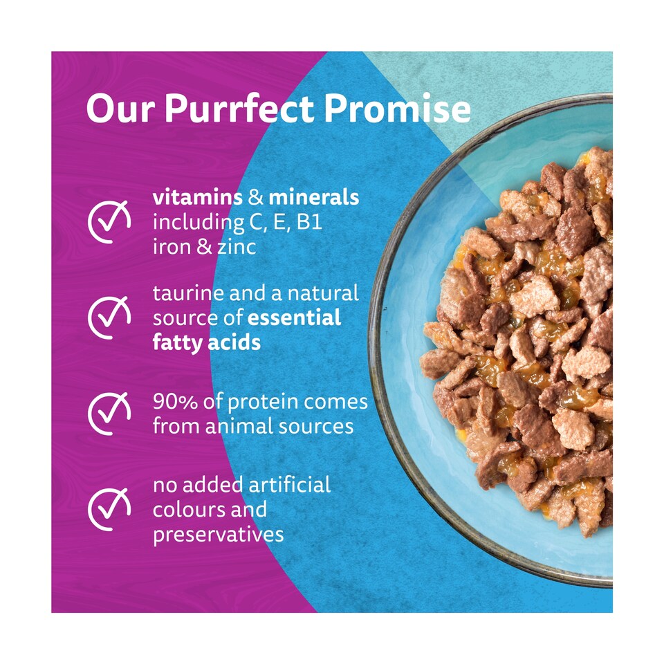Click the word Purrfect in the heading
[239, 109]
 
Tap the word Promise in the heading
[397, 109]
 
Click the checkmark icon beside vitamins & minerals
[109, 221]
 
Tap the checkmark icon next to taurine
[109, 317]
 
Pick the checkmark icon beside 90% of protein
[109, 414]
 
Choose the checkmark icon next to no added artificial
[109, 509]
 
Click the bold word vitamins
[198, 197]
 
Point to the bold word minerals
[314, 197]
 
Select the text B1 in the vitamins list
[310, 222]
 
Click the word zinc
[237, 247]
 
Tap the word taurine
[188, 293]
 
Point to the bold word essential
[295, 317]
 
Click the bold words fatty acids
[207, 342]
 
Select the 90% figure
[175, 402]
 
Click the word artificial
[290, 485]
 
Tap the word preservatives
[218, 535]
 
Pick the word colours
[185, 510]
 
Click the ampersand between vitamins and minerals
[256, 198]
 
